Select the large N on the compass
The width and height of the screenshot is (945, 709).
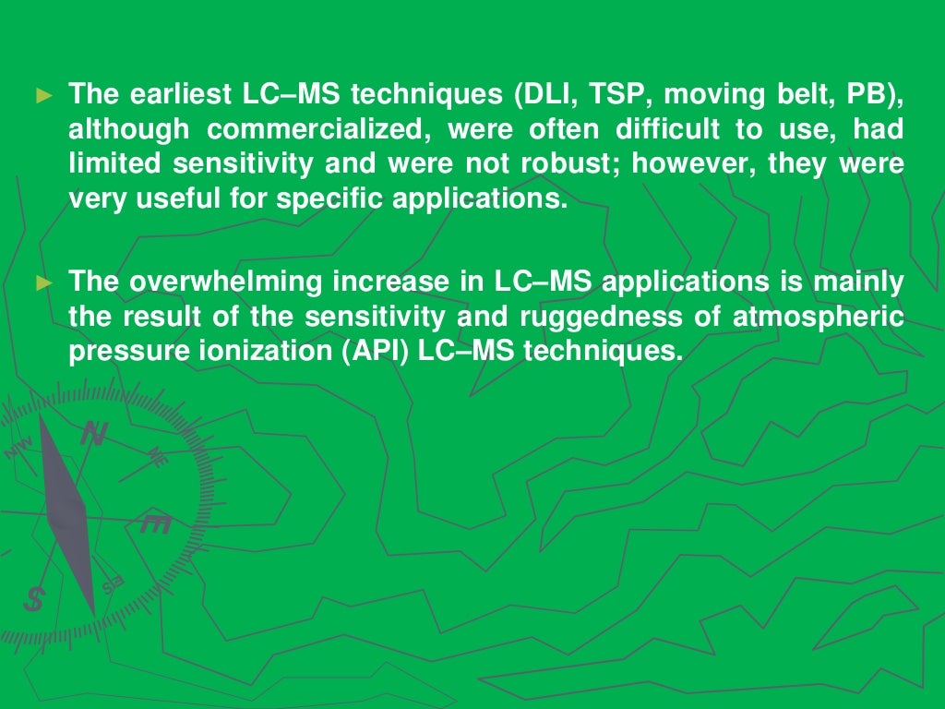93,434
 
